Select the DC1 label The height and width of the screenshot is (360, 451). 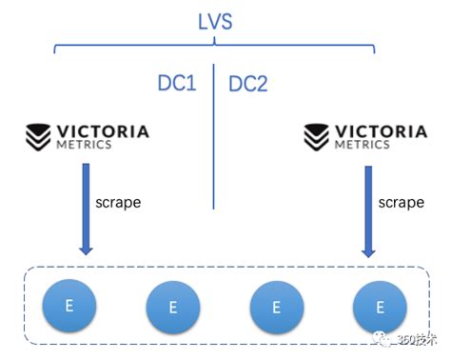click(x=176, y=83)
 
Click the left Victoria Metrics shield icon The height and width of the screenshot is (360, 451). click(x=38, y=135)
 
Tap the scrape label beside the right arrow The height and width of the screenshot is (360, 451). click(x=400, y=203)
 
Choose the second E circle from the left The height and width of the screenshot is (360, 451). click(x=173, y=308)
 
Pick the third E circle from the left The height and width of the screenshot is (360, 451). click(x=277, y=308)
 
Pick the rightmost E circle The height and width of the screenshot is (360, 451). click(x=381, y=307)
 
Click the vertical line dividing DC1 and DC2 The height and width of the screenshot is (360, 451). click(x=213, y=143)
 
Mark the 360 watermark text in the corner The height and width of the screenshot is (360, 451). click(x=415, y=341)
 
